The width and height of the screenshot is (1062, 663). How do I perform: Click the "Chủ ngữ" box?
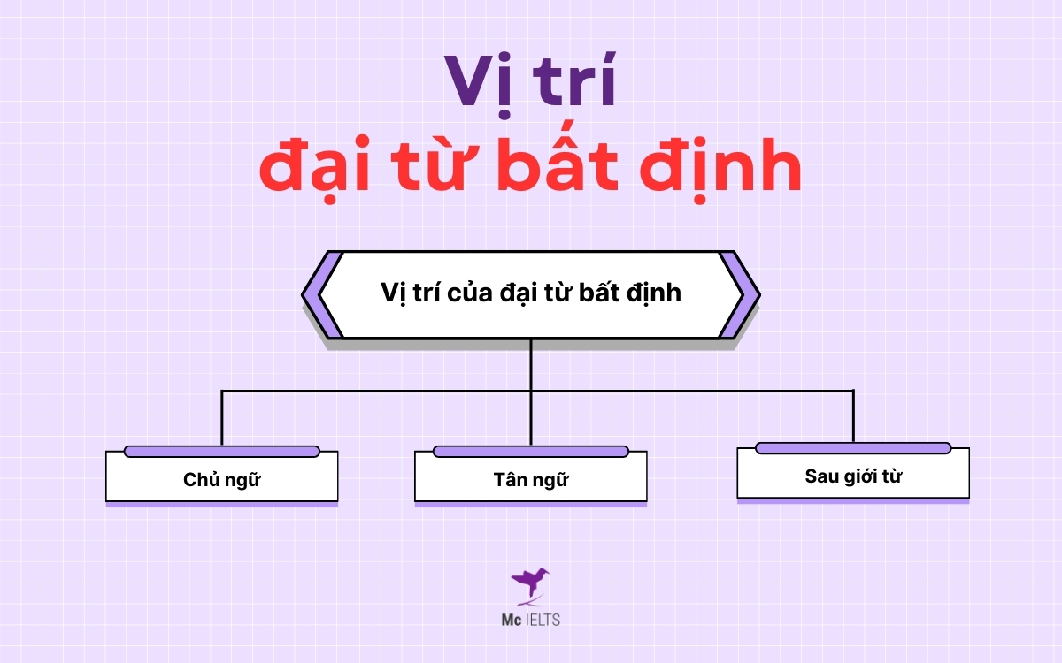(x=221, y=480)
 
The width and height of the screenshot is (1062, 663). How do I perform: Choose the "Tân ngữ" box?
(x=530, y=480)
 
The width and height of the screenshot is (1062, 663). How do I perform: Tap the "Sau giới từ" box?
(x=853, y=476)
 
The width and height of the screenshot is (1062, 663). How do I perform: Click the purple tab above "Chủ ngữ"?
(x=221, y=452)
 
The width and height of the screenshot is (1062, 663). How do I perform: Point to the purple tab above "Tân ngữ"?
(x=530, y=452)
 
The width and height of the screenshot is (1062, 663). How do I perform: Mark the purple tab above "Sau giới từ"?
(x=853, y=448)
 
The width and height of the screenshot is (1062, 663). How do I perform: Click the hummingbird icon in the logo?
(x=529, y=584)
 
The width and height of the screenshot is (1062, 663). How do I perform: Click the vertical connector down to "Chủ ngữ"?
(x=221, y=417)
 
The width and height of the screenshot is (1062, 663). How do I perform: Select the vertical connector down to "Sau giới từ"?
(x=853, y=415)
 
